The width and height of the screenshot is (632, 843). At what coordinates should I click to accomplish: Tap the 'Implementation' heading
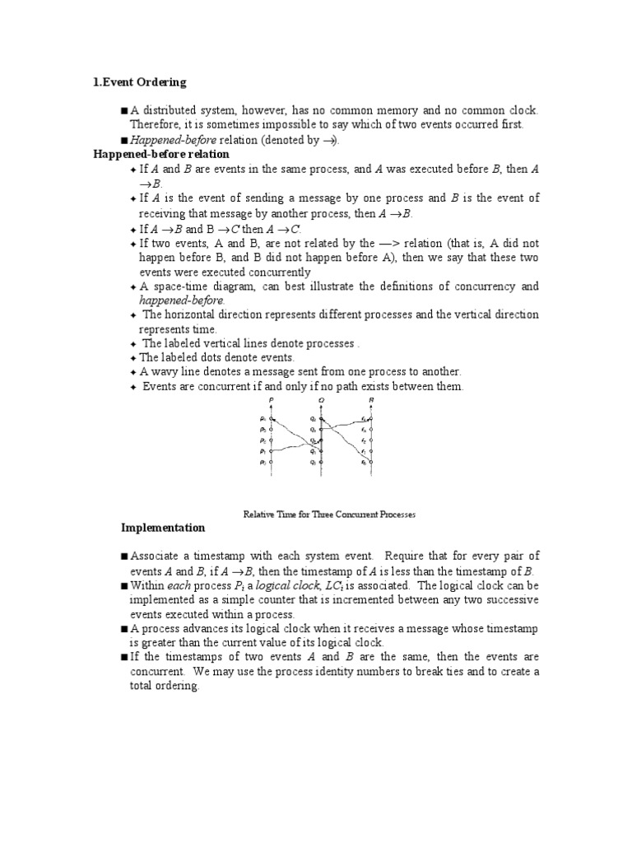[x=163, y=528]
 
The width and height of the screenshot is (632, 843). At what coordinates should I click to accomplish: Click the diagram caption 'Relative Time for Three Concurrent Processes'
[x=329, y=515]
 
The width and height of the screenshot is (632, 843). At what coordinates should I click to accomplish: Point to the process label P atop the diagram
[x=271, y=399]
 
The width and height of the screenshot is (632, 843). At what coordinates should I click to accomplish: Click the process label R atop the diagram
[x=371, y=399]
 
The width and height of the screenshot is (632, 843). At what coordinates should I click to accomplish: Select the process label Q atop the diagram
[x=322, y=399]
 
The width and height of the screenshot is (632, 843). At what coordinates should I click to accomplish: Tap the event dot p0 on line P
[x=272, y=463]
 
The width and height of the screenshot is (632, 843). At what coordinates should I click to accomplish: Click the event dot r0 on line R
[x=371, y=463]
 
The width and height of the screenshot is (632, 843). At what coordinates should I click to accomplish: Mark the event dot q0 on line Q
[x=322, y=463]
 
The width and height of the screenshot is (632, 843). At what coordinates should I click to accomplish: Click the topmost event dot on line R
[x=371, y=419]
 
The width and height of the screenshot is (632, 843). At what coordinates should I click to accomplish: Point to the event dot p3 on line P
[x=272, y=430]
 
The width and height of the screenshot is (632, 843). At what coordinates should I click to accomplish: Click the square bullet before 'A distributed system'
[x=123, y=110]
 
